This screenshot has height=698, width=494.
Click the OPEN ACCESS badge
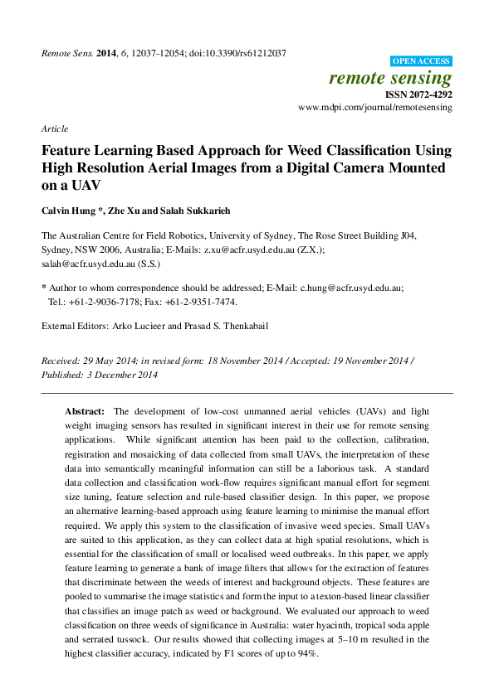421,61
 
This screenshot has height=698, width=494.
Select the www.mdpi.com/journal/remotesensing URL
374,108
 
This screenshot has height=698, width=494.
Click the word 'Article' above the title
55,129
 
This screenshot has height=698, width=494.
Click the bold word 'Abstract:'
85,411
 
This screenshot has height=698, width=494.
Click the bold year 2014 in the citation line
107,53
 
